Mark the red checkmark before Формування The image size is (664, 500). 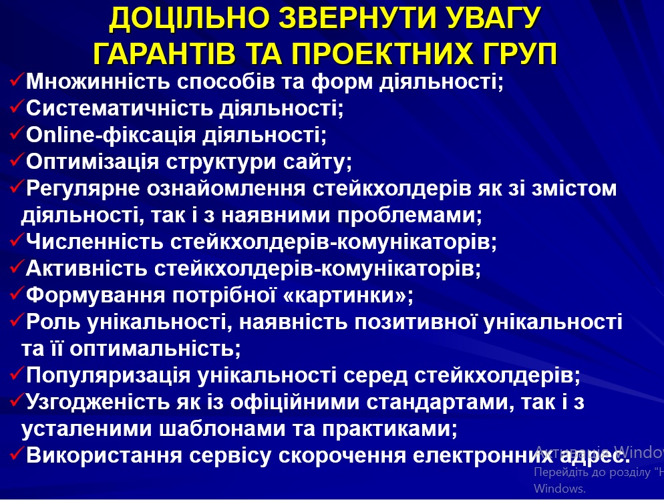[17, 293]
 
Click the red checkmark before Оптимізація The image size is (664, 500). [17, 160]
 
